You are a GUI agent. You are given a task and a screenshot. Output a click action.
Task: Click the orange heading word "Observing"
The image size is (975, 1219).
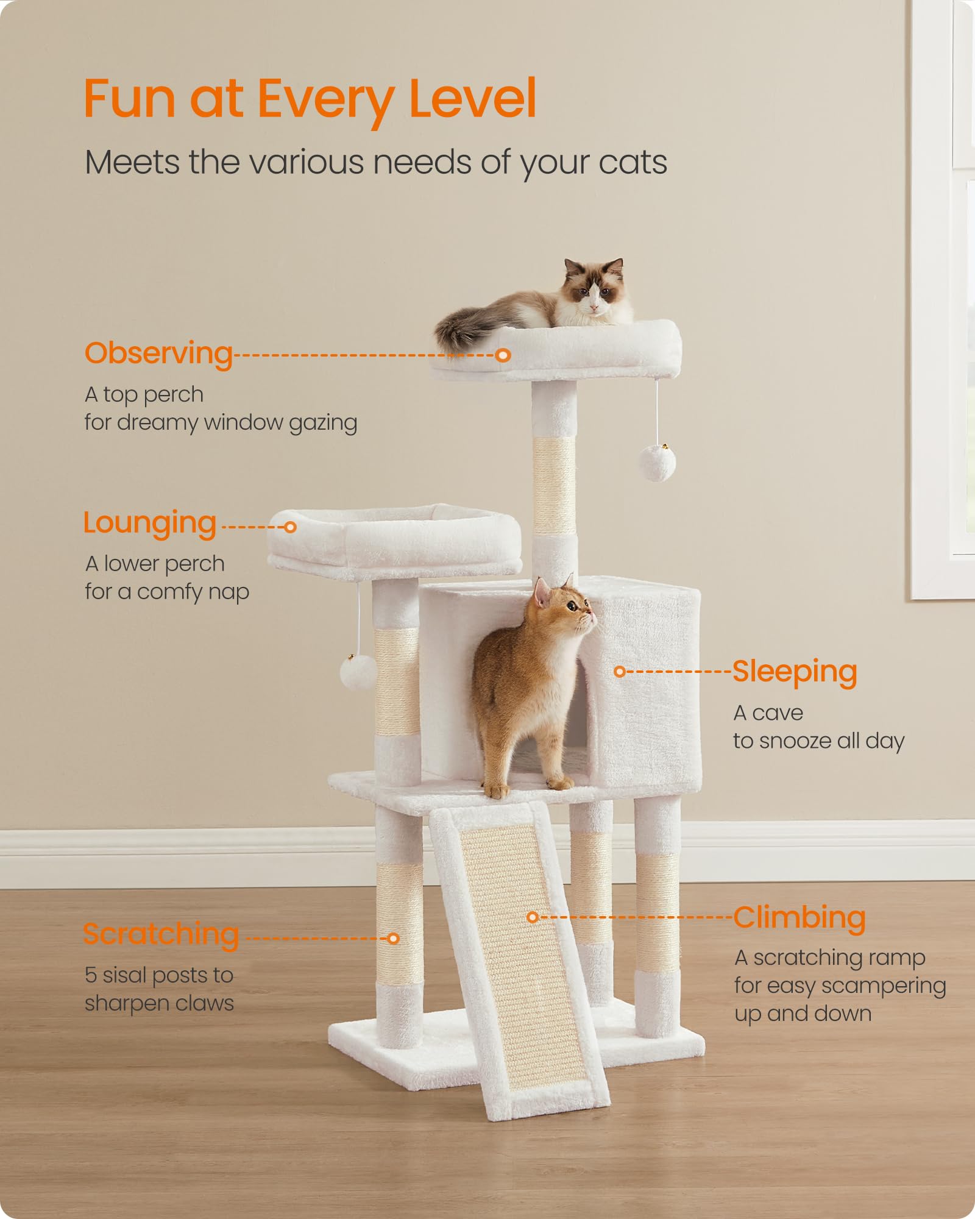(x=158, y=354)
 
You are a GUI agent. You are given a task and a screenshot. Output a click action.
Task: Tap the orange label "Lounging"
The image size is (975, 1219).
(x=150, y=523)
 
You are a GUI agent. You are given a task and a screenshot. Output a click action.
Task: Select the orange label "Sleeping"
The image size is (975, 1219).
(x=795, y=672)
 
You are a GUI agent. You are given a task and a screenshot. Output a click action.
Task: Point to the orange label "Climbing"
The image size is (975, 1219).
(x=799, y=918)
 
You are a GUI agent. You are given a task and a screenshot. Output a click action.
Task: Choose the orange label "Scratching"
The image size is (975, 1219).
(x=161, y=934)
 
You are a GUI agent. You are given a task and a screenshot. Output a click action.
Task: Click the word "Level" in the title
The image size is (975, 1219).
(x=473, y=99)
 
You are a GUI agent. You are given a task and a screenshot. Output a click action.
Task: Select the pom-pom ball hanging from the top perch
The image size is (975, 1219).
(x=657, y=463)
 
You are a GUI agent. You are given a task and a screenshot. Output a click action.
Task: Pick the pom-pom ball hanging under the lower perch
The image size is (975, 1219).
(x=358, y=672)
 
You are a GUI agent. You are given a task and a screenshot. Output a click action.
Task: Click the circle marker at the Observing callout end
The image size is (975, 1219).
(x=503, y=355)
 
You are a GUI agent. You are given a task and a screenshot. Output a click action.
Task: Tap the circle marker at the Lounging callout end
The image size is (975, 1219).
(x=291, y=527)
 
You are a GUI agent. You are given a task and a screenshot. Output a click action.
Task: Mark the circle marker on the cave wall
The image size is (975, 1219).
(x=620, y=672)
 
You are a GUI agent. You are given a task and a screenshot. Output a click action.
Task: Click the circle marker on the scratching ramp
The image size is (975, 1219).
(x=533, y=917)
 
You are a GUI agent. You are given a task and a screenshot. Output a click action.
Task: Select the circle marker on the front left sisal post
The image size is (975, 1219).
(x=394, y=939)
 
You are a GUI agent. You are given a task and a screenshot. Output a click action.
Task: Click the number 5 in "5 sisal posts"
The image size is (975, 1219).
(x=91, y=975)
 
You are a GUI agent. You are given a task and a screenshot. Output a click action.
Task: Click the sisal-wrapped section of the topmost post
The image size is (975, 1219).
(x=554, y=485)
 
